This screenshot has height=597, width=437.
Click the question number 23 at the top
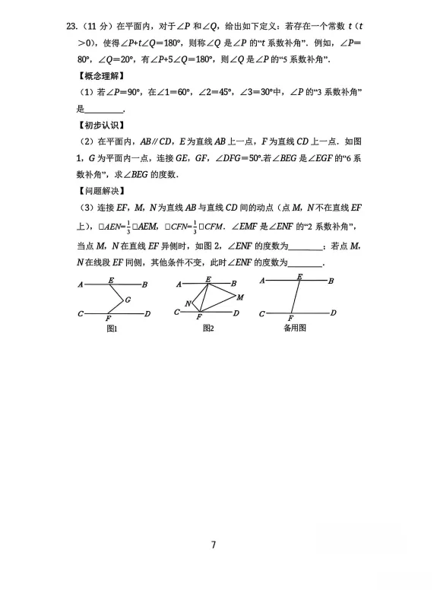click(71, 26)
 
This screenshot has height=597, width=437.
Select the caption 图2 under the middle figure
click(208, 328)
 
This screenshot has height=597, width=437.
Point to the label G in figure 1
click(128, 300)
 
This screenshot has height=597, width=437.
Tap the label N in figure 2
click(188, 303)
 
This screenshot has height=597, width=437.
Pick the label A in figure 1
click(80, 284)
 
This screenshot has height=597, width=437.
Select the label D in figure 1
click(147, 313)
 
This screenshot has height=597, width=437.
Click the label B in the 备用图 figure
click(331, 281)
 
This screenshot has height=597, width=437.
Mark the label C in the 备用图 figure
click(261, 313)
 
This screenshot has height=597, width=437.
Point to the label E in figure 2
click(208, 278)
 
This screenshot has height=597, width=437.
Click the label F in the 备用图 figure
click(290, 319)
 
